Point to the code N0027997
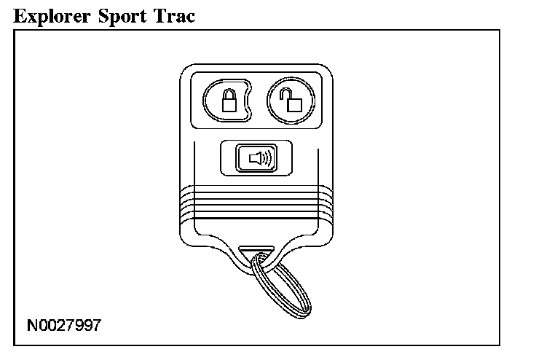64,324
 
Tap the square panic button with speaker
256,157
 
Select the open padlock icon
293,101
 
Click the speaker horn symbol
255,157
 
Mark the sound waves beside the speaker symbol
267,157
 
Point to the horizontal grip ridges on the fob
256,200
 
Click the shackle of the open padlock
290,93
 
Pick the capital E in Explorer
20,15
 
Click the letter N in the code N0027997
31,324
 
